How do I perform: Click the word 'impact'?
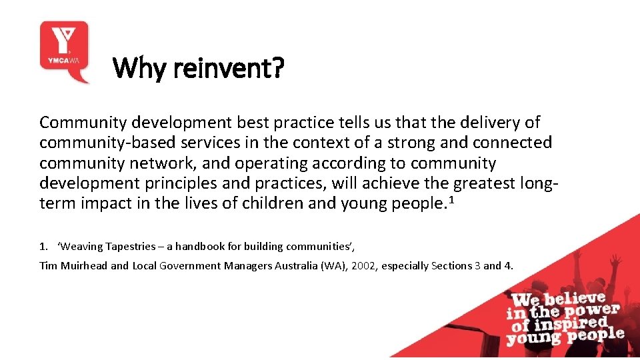[106, 204]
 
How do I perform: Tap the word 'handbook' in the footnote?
[200, 247]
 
